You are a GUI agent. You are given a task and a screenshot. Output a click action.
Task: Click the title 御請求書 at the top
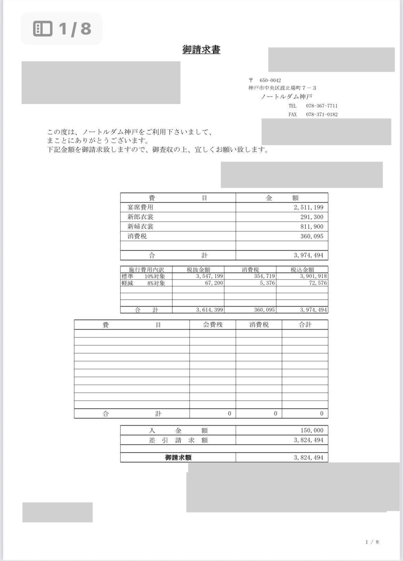(x=201, y=50)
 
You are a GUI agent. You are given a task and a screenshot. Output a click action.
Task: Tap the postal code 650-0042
(x=270, y=81)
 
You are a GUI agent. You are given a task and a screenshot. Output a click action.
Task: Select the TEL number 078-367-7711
(x=321, y=106)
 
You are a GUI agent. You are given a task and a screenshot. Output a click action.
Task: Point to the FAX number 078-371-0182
(x=322, y=115)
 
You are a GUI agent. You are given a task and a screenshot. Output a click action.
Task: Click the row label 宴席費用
(x=140, y=207)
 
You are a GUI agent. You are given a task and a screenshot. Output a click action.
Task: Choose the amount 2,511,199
(x=309, y=208)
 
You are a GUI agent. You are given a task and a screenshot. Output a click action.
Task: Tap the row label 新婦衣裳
(x=140, y=226)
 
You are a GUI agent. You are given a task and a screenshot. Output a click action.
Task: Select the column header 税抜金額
(x=198, y=270)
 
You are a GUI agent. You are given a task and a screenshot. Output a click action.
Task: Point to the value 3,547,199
(x=210, y=276)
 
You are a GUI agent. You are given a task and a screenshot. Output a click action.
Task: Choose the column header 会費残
(x=213, y=325)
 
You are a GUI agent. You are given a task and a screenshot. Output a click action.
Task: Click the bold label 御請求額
(x=178, y=457)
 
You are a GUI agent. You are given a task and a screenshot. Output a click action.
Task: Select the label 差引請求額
(x=178, y=440)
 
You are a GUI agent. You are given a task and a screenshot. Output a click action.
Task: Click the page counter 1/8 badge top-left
(x=62, y=29)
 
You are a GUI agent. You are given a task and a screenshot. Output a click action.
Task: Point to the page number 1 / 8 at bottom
(x=372, y=542)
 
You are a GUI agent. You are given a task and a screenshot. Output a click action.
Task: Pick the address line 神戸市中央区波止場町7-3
(x=282, y=88)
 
